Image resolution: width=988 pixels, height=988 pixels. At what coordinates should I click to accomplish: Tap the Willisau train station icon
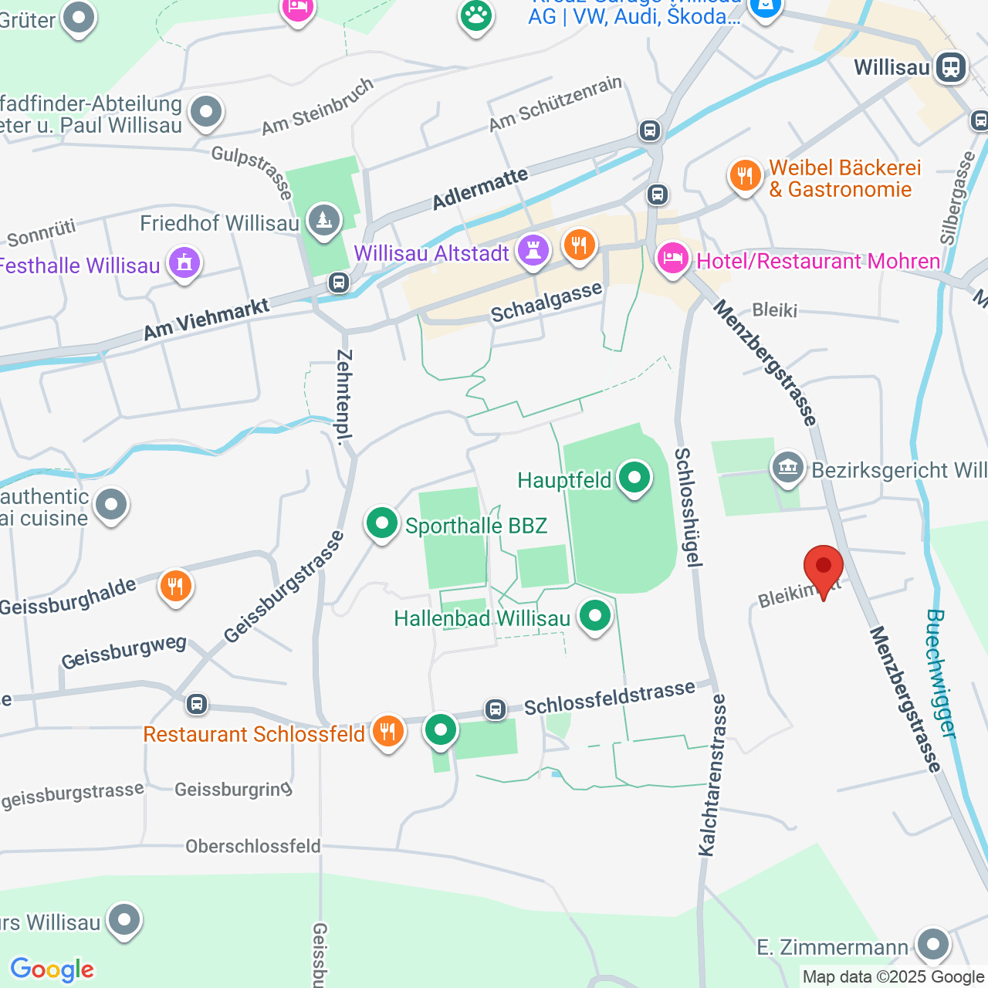coord(950,67)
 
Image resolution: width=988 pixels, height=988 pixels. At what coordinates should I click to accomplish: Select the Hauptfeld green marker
coord(634,479)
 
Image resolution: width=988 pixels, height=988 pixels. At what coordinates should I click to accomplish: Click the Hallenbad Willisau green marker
coord(594,617)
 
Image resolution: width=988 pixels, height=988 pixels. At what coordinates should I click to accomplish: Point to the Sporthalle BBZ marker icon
coord(381,524)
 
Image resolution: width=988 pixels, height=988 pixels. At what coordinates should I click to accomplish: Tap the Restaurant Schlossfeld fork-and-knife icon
coord(387,731)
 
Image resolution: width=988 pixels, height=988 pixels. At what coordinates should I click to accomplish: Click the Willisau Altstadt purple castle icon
coord(533,251)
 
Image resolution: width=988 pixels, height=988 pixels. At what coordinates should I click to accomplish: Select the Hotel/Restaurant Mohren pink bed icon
coord(672,259)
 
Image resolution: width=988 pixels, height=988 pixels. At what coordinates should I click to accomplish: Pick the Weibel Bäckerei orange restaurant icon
coord(745,176)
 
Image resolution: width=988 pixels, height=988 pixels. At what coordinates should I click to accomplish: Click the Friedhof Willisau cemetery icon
coord(323,222)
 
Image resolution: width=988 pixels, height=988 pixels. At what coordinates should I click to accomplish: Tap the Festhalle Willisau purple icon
coord(184,264)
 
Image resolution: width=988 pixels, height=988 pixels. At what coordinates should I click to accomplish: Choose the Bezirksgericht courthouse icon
coord(788,469)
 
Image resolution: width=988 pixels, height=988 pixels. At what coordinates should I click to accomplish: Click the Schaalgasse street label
coord(546,303)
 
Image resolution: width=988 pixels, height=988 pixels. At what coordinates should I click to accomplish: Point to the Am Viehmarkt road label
coord(207,320)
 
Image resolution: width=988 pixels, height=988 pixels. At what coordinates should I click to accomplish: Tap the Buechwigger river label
coord(941,673)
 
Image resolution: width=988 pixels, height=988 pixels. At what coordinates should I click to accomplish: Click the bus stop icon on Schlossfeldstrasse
coord(496,709)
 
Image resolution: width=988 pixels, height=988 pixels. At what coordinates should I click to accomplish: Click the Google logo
coord(52,969)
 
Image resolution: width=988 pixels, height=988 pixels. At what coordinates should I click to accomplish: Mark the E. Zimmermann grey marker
coord(933,945)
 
